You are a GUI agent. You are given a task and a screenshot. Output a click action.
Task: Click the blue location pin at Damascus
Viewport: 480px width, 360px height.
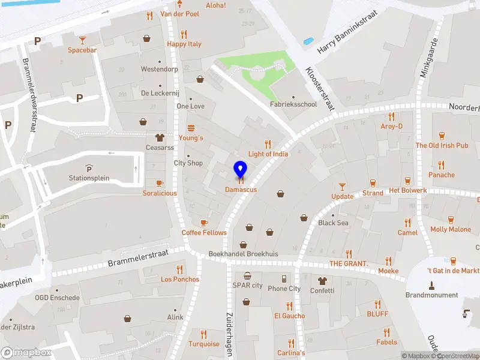coord(240,170)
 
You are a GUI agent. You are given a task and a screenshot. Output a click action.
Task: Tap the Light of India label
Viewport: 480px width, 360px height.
coord(268,154)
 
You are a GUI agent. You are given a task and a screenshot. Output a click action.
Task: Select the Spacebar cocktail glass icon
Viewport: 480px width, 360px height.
coord(82,40)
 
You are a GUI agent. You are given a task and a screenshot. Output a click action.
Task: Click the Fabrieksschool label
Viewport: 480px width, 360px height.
coord(293,104)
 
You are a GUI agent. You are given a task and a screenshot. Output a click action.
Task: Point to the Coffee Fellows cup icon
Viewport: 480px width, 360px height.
coord(204,223)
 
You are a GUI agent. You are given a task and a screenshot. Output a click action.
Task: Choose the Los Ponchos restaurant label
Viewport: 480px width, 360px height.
coord(180,279)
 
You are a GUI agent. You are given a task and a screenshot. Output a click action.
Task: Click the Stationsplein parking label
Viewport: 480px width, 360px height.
coord(89,178)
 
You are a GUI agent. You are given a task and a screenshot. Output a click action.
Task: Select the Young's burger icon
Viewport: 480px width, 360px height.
coord(191,127)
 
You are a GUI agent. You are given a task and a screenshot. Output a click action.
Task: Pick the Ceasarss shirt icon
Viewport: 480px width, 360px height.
coord(160,137)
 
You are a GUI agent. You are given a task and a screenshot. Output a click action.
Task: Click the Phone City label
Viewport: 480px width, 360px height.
coord(284,289)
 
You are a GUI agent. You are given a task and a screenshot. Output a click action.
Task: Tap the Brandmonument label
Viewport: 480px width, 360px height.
coord(431,295)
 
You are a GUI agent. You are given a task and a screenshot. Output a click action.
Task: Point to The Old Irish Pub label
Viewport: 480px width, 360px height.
coord(442,146)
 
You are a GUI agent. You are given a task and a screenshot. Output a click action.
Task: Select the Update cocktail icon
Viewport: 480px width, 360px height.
coord(343,187)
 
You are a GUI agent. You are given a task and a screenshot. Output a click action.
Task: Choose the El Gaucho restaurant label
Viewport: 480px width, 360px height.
coord(290,316)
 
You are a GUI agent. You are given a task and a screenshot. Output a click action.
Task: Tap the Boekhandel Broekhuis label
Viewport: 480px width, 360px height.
coord(243,254)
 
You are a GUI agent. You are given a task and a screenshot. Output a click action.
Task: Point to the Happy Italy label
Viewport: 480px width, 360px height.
coord(184,44)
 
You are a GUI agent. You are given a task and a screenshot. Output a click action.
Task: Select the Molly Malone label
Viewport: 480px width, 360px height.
coord(451,229)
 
